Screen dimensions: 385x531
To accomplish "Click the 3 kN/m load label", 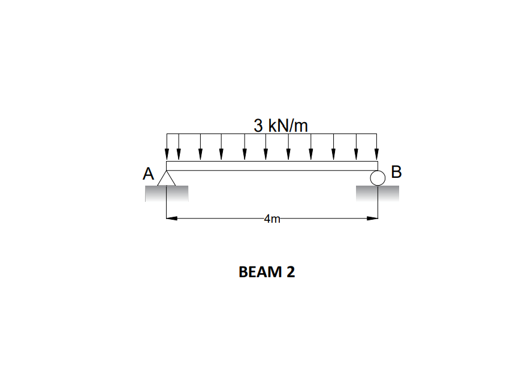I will click(x=280, y=126).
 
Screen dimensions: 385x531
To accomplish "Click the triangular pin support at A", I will click(x=167, y=178).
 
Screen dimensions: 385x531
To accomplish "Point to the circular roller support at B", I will click(x=378, y=178).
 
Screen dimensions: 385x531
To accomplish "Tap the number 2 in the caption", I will click(x=291, y=272).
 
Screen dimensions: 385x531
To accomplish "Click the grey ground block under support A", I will click(x=167, y=193).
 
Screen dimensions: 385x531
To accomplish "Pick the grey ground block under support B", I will click(x=377, y=193).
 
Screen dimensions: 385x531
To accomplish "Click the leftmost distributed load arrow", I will click(x=167, y=147).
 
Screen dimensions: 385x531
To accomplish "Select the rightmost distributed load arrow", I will click(x=377, y=147).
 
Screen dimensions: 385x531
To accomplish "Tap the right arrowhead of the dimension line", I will click(x=372, y=219).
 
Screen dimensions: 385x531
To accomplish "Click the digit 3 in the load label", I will click(x=258, y=126).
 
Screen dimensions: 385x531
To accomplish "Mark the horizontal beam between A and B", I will click(x=272, y=166).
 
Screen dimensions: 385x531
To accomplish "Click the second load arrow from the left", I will click(x=179, y=147).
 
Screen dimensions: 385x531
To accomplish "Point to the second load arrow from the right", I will click(x=356, y=147).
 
